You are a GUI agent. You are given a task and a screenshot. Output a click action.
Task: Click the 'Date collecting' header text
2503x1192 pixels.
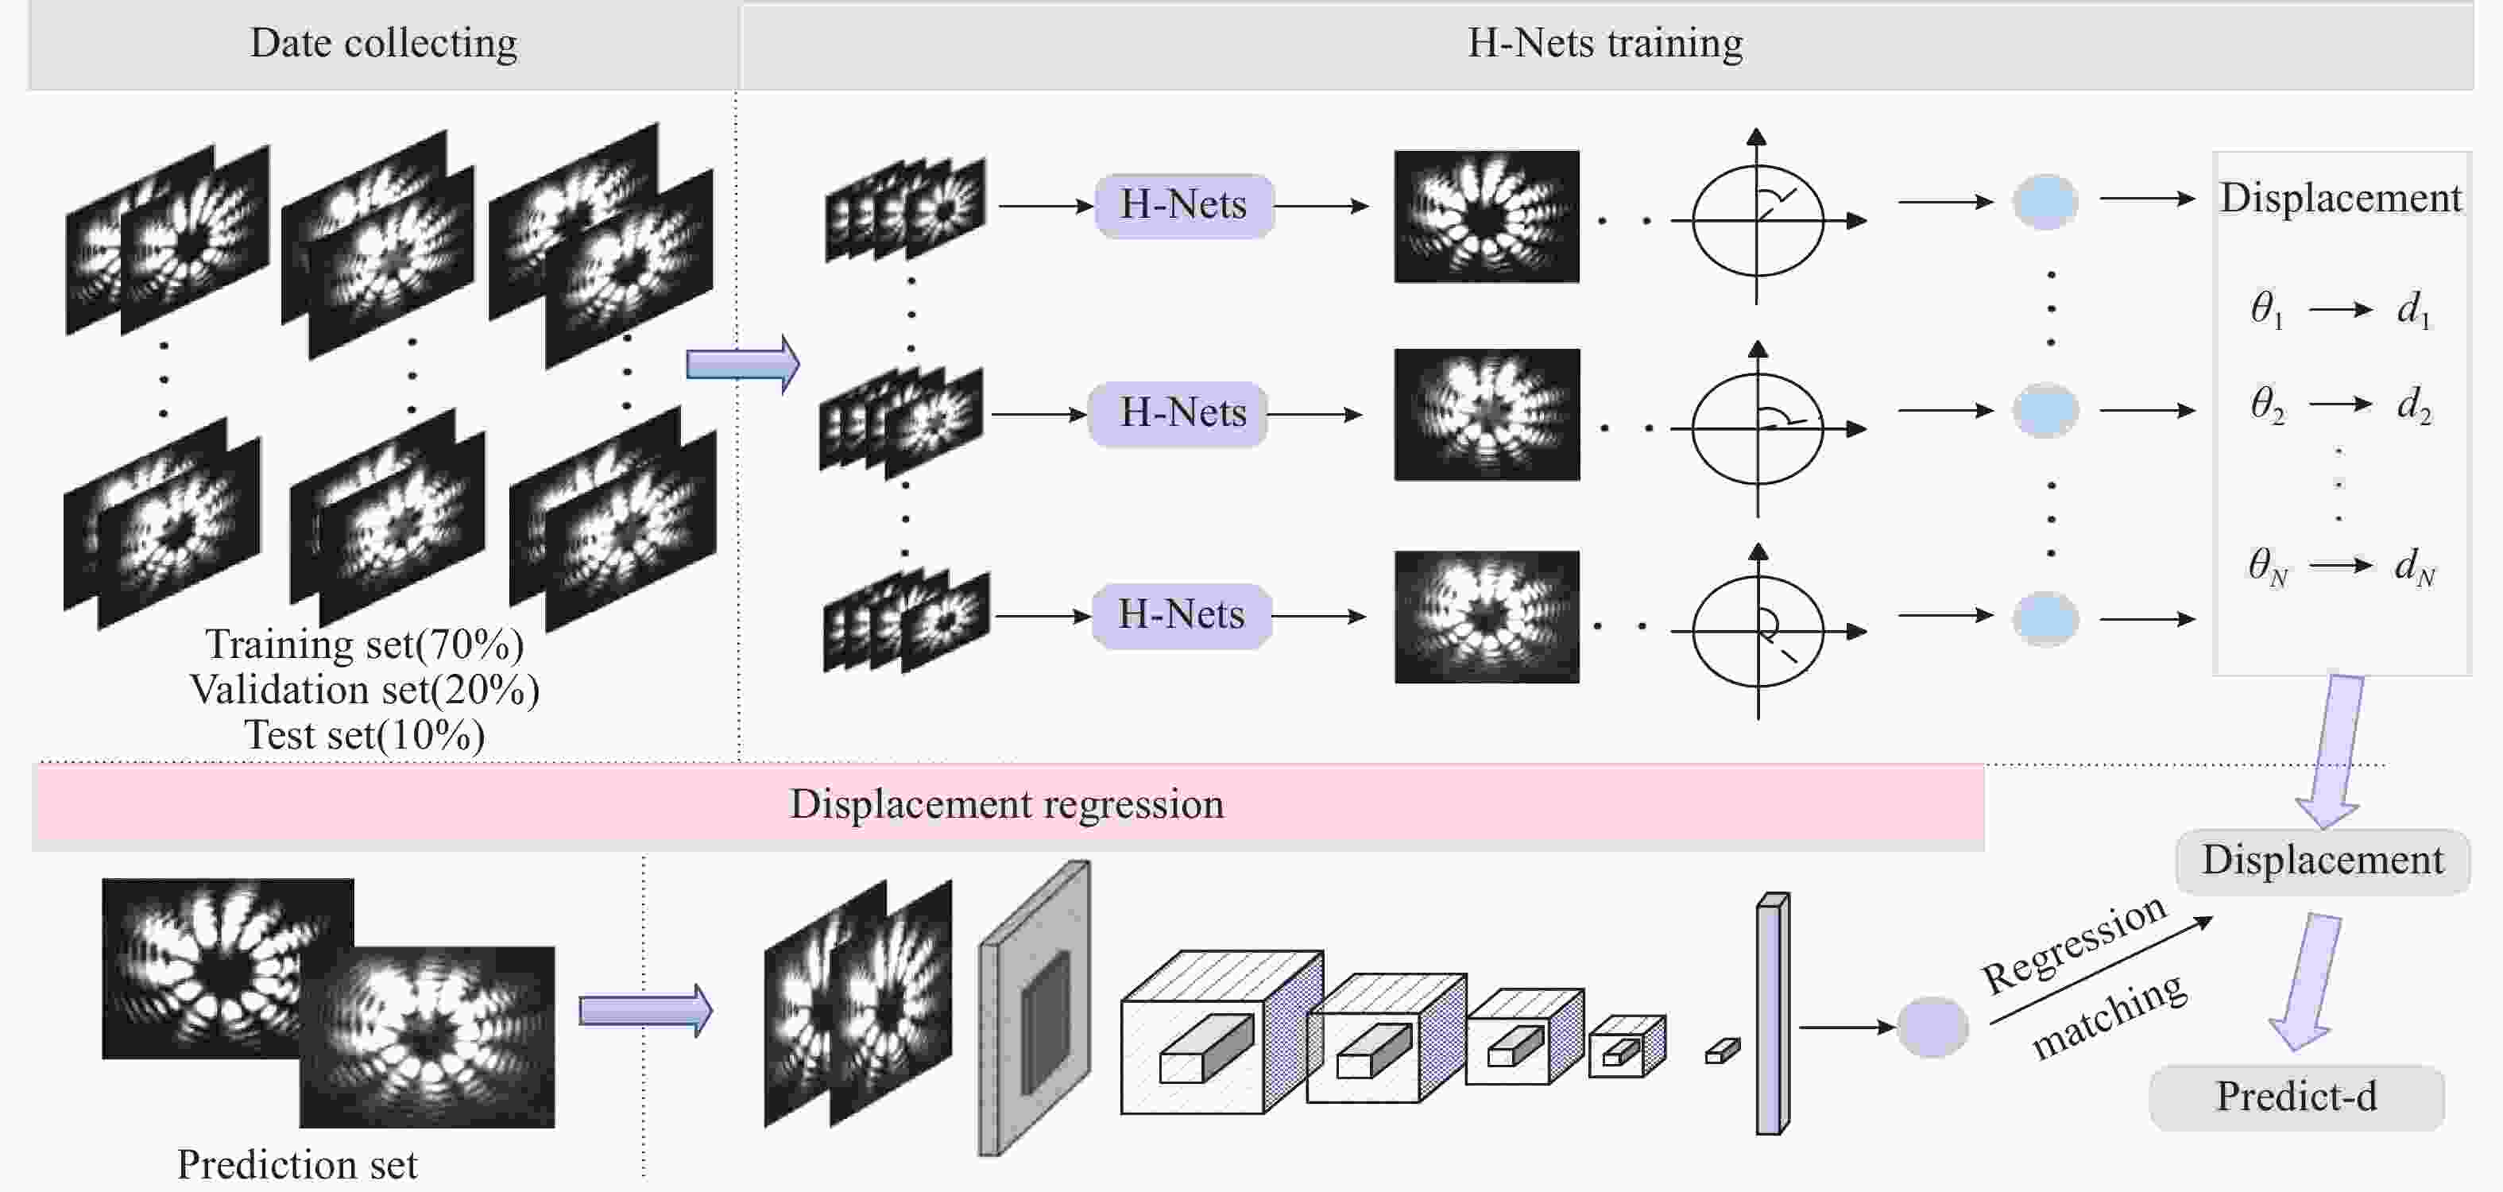(x=384, y=44)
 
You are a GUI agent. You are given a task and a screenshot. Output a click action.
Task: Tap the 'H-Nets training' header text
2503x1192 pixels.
(x=1605, y=44)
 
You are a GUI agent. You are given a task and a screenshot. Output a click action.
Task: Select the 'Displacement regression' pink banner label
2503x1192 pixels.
(x=1007, y=804)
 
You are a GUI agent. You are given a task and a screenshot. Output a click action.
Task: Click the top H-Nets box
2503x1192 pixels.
(x=1183, y=205)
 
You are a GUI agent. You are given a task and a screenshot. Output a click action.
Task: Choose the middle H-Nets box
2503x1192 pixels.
(x=1178, y=413)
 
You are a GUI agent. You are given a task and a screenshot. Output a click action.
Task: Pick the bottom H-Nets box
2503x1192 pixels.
(x=1182, y=615)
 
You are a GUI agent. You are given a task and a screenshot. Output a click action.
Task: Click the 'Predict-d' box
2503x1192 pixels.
(x=2297, y=1097)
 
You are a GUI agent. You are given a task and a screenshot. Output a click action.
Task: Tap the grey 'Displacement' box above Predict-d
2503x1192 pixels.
(x=2323, y=861)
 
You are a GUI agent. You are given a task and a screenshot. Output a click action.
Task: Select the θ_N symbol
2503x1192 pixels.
(x=2268, y=565)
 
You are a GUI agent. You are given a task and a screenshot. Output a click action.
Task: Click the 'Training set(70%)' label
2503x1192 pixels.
(x=365, y=644)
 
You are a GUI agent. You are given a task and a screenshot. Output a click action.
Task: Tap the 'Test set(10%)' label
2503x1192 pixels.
(x=365, y=735)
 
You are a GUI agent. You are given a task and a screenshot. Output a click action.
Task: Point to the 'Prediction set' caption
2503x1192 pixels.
(x=297, y=1164)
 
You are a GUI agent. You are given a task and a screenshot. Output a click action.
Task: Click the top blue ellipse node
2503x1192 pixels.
(x=2045, y=202)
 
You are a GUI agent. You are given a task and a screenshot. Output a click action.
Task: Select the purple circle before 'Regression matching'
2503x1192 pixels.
(x=1932, y=1027)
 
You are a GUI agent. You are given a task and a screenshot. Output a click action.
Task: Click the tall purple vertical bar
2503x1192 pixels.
(x=1772, y=1013)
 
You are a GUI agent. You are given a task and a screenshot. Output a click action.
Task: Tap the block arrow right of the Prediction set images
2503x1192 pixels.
(x=646, y=1012)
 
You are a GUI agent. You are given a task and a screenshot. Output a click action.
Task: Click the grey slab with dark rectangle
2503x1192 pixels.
(x=1034, y=1008)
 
